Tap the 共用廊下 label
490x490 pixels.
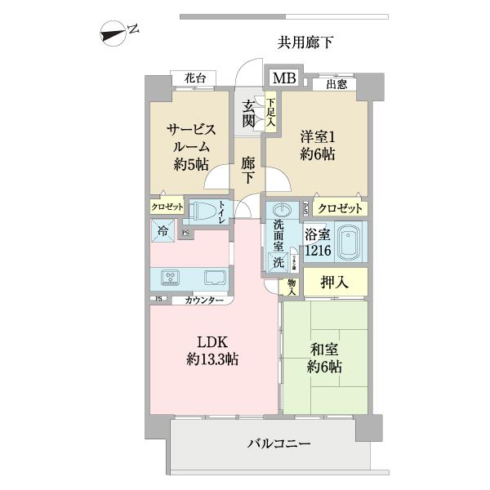click(305, 42)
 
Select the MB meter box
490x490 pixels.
click(285, 78)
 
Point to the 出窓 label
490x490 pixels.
click(336, 84)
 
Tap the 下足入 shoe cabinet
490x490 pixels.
click(269, 113)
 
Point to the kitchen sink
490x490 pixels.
click(215, 276)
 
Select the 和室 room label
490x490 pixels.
click(325, 358)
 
